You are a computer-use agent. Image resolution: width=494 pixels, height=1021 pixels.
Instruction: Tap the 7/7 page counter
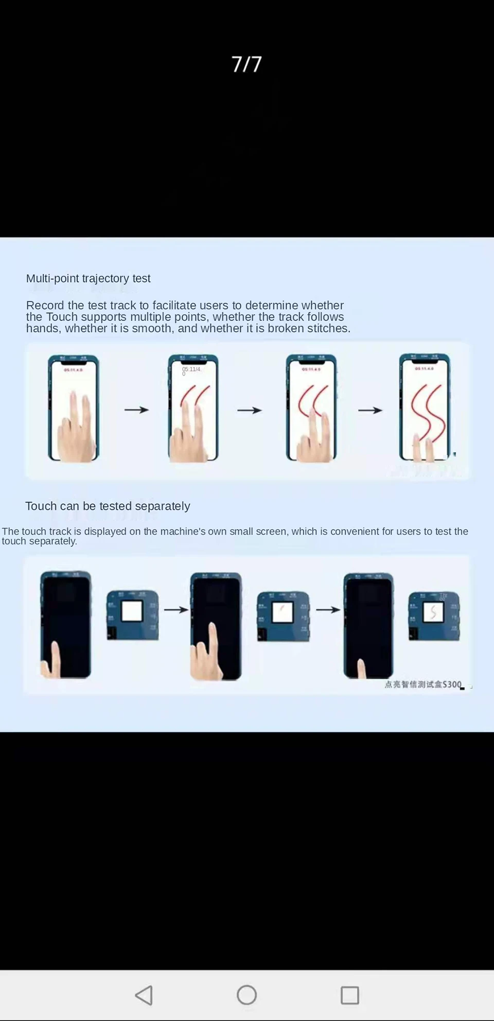coord(246,64)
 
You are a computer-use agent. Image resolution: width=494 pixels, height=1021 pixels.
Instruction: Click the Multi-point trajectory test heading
coord(88,278)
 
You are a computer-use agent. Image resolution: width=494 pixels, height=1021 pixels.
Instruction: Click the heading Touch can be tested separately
coord(108,506)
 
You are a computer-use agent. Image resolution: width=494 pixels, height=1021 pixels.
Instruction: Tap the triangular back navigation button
coord(144,995)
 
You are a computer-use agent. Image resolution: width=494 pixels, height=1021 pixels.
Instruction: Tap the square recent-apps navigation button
coord(350,995)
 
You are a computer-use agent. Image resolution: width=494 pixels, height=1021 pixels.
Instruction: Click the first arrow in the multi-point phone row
coord(136,410)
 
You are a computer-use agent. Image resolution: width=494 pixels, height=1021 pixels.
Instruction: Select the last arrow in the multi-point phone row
coord(370,410)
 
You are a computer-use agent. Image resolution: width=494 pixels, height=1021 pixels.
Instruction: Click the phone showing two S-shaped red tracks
coord(425,408)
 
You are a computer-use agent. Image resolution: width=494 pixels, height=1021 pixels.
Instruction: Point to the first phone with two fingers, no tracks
coord(73,408)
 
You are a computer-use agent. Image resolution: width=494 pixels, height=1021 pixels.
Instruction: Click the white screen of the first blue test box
coord(132,611)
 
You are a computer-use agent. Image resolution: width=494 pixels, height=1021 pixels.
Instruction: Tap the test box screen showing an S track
coord(433,612)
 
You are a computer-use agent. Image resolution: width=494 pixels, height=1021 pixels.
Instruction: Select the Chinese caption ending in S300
coord(423,684)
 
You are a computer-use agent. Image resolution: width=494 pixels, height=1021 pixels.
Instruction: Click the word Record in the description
coord(45,305)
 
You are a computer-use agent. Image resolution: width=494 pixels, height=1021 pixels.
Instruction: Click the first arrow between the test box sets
coord(176,610)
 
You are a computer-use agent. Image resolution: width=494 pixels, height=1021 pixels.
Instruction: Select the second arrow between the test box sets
coord(328,610)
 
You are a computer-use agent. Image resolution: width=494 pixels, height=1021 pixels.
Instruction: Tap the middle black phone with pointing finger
coord(216,626)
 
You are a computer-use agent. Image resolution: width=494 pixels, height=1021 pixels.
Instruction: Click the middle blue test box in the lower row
coord(284,617)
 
